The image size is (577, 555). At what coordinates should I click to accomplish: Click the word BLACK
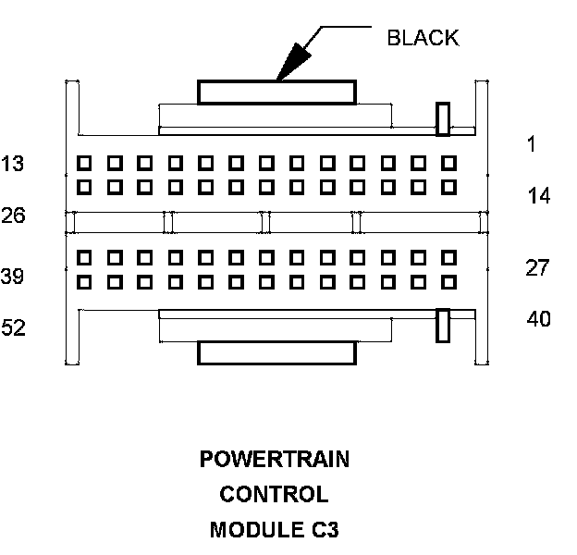pos(423,38)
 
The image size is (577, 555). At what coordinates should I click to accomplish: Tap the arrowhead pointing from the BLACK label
pos(288,68)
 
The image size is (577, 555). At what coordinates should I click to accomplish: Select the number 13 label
pos(13,165)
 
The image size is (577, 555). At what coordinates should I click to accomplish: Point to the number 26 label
pos(13,216)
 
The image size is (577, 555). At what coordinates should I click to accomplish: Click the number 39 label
pos(13,277)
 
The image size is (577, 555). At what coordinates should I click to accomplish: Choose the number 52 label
pos(13,328)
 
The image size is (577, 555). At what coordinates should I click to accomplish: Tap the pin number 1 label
pos(531,143)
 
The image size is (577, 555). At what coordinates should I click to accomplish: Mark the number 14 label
pos(539,195)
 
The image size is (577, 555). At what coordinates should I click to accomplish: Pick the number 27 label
pos(538,268)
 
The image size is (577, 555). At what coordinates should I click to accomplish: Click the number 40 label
pos(538,319)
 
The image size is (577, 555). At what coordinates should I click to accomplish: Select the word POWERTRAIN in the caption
pos(275,460)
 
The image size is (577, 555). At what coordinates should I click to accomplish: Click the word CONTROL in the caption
pos(274,495)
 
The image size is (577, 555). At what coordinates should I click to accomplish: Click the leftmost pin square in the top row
pos(84,163)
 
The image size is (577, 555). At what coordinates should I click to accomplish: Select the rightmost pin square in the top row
pos(449,163)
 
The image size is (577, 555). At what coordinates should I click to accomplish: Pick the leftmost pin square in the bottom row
pos(84,282)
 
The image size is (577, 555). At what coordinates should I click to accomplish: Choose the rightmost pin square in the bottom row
pos(449,282)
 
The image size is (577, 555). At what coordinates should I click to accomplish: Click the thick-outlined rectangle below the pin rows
pos(276,352)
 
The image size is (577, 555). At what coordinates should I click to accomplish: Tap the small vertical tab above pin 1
pos(443,117)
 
